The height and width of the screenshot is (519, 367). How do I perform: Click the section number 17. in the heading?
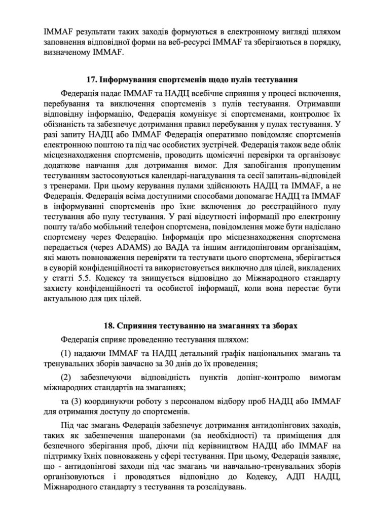tap(91, 80)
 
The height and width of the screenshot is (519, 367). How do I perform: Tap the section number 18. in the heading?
tap(107, 323)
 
